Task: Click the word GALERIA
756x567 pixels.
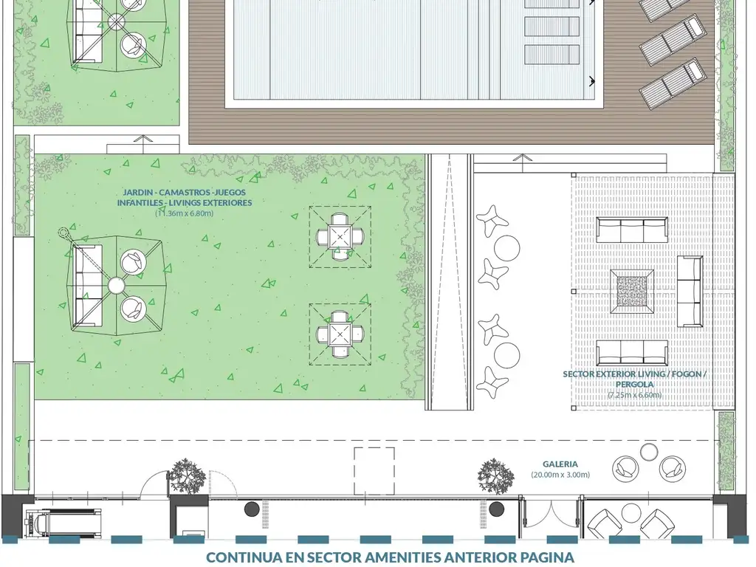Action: [x=560, y=464]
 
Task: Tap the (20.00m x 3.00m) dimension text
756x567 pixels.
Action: [x=560, y=475]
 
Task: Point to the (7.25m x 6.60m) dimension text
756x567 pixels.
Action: [x=634, y=395]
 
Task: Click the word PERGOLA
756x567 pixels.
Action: [x=634, y=384]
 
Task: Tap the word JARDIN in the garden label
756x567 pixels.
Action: [x=137, y=193]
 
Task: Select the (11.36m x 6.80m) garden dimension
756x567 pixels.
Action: [x=184, y=213]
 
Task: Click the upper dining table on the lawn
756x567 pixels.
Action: [x=340, y=237]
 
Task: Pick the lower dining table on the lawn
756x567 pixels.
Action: [x=340, y=334]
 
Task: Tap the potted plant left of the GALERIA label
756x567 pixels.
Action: [x=495, y=476]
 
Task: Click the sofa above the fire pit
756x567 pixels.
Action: [x=632, y=230]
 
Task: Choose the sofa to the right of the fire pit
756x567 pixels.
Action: [x=690, y=291]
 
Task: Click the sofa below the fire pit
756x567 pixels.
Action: [x=632, y=353]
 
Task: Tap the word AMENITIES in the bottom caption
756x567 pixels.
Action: [x=406, y=557]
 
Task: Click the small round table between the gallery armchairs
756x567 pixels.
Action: [x=649, y=452]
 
